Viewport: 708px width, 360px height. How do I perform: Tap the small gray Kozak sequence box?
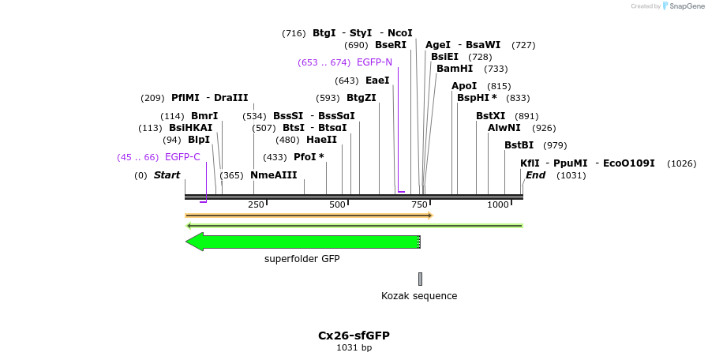pos(420,279)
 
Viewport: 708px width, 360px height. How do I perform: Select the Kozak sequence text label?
pos(419,296)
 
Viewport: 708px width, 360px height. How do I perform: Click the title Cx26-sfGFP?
pos(354,336)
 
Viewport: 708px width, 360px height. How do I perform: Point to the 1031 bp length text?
pos(354,347)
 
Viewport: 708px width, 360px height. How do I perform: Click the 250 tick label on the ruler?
pos(256,204)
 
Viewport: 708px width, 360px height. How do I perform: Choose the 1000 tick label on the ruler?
pos(498,204)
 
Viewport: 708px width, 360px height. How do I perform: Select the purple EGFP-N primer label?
pos(374,62)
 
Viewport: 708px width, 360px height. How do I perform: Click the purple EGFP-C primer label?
pos(182,157)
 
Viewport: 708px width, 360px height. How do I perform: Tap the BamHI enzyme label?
pos(455,69)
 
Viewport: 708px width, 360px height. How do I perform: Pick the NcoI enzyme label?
pos(400,33)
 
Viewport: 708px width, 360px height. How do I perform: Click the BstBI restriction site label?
pos(519,145)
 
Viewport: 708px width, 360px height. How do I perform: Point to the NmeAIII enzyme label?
pos(274,175)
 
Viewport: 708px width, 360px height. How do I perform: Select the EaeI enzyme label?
pos(377,81)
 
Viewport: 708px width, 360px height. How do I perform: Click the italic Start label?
pos(167,175)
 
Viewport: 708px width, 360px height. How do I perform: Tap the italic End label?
pos(535,175)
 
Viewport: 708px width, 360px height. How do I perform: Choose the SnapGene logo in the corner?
pos(683,6)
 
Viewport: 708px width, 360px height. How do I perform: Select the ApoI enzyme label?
pos(464,86)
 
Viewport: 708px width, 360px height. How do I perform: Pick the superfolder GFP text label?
pos(302,259)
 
